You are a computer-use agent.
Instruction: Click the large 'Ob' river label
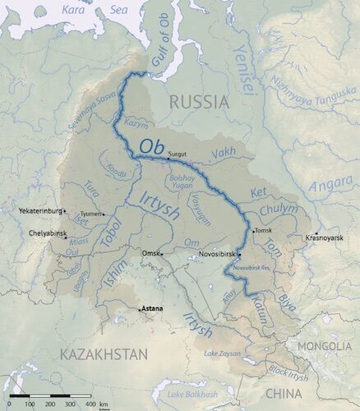click(x=151, y=146)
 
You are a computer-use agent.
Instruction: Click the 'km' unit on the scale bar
click(x=104, y=405)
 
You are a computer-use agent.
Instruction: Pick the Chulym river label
click(x=279, y=210)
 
